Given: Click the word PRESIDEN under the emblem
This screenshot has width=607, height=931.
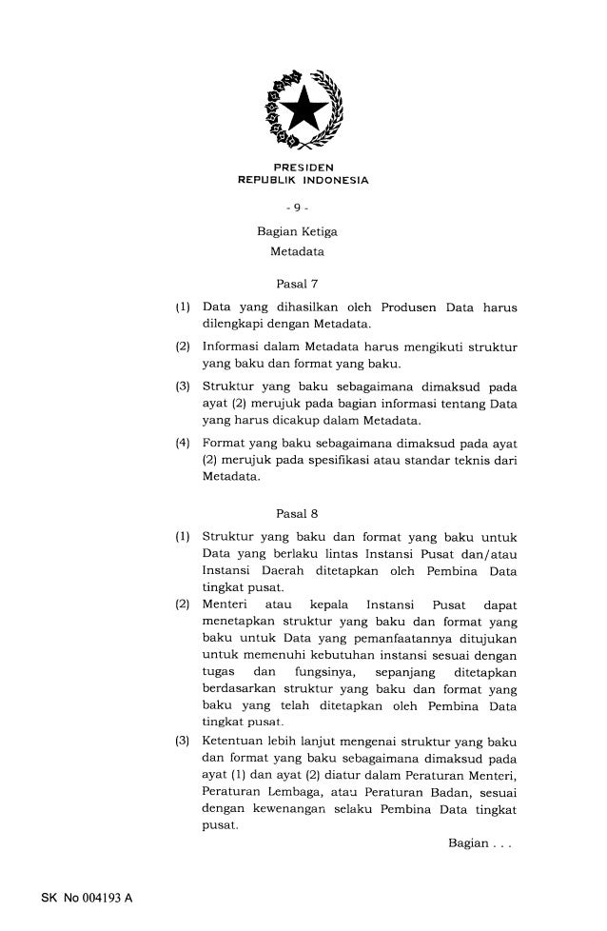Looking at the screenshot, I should [302, 168].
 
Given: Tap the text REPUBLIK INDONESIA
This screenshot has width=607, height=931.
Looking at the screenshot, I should [302, 181].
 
